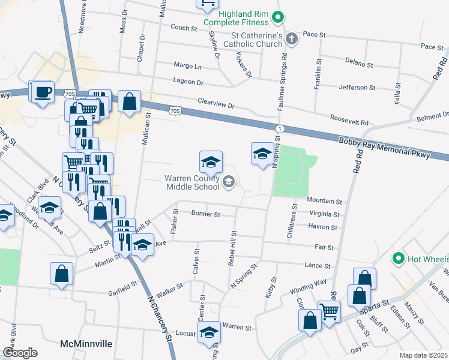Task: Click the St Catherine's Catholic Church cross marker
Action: click(x=291, y=40)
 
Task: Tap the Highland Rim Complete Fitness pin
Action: click(x=277, y=17)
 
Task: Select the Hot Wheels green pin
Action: click(x=397, y=259)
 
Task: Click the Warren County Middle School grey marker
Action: click(x=228, y=182)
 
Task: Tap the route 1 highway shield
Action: click(x=279, y=129)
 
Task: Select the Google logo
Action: click(x=20, y=352)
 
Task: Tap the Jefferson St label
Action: click(x=357, y=88)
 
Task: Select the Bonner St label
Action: click(x=206, y=214)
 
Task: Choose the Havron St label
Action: click(x=324, y=227)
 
